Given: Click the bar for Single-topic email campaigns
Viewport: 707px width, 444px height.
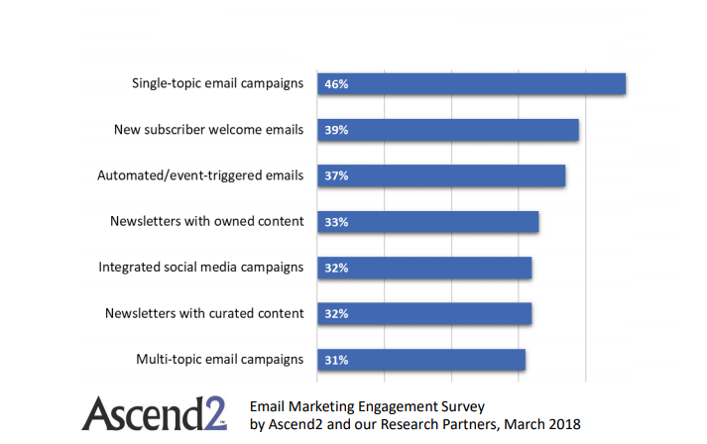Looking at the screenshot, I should [x=471, y=84].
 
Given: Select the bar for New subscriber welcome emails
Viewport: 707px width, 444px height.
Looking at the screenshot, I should [x=447, y=130].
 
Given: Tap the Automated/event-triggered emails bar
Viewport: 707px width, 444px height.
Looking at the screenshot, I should [x=441, y=175].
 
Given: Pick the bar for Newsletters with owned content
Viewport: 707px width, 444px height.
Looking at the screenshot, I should [x=427, y=222].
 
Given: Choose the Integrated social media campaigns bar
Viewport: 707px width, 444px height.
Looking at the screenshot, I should [x=424, y=268].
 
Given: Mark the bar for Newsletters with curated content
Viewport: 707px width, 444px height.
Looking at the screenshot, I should [x=424, y=314].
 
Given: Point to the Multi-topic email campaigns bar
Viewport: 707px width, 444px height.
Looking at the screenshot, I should [x=420, y=360].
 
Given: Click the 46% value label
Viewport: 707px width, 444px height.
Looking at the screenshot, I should [x=335, y=84].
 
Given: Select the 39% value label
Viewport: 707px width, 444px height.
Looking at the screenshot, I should [x=335, y=130].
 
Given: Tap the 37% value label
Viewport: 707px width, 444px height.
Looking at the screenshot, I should [x=335, y=175].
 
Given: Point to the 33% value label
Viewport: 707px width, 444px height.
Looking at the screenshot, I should [x=335, y=222].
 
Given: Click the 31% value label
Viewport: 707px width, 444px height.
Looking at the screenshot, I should [x=335, y=360].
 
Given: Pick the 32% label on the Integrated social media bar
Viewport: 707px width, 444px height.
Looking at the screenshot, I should [x=335, y=268].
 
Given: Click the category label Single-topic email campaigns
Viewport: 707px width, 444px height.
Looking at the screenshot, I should [x=217, y=83].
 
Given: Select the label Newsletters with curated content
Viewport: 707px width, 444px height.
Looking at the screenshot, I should [x=204, y=313].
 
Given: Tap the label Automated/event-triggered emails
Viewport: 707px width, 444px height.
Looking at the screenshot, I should [x=200, y=175].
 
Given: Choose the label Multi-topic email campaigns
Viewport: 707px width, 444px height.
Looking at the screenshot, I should [x=219, y=359].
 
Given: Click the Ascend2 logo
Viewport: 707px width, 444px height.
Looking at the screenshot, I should [x=154, y=413].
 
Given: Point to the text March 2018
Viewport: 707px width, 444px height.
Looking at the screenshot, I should [x=548, y=423].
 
